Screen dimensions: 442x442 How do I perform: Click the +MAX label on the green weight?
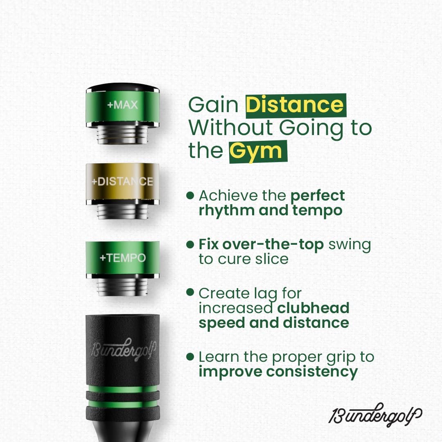click(122, 105)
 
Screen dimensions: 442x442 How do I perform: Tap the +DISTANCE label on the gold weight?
click(122, 181)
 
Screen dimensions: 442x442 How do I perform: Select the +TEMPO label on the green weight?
click(122, 258)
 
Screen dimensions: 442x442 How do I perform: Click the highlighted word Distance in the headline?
click(295, 105)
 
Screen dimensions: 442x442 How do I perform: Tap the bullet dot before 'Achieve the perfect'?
click(189, 196)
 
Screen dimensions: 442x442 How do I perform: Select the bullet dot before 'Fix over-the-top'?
click(189, 245)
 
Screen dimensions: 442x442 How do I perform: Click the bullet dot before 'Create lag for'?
click(189, 292)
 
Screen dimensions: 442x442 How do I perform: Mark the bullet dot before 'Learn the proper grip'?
click(189, 356)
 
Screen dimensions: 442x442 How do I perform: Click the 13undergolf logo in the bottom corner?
click(375, 415)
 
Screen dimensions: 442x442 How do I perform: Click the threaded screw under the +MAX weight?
click(122, 134)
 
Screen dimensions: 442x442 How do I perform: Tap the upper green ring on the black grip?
click(122, 389)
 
